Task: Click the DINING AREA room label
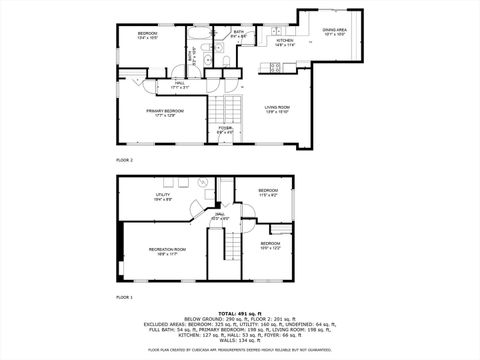click(x=335, y=31)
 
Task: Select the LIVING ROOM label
click(x=277, y=109)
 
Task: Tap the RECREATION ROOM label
click(x=167, y=250)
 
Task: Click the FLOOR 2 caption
click(x=125, y=160)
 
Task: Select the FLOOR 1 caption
click(x=125, y=298)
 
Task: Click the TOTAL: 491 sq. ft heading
click(x=240, y=313)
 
